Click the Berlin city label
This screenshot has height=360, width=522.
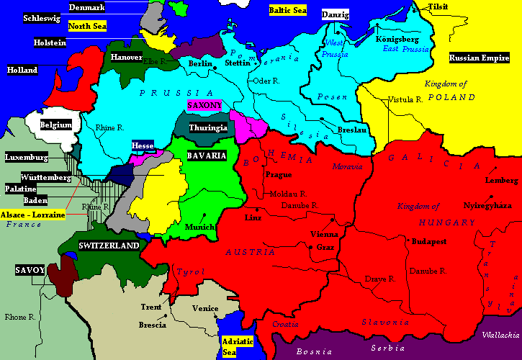click(x=199, y=63)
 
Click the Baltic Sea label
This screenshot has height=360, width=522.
click(x=287, y=11)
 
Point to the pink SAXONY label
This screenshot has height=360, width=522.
click(x=204, y=105)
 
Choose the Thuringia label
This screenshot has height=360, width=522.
click(x=207, y=127)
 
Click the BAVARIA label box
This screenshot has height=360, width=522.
click(x=207, y=156)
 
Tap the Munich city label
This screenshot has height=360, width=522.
click(x=199, y=227)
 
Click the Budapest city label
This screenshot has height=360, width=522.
click(x=429, y=243)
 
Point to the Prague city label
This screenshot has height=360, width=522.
click(x=278, y=174)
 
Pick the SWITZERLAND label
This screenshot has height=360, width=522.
click(x=109, y=246)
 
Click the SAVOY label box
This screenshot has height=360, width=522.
click(x=30, y=270)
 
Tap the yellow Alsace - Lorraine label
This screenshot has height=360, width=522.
click(x=33, y=215)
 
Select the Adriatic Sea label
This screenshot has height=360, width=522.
click(x=237, y=346)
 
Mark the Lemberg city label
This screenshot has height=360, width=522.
click(x=502, y=180)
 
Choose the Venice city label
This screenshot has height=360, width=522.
click(x=205, y=308)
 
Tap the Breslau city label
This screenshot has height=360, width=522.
click(x=351, y=130)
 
